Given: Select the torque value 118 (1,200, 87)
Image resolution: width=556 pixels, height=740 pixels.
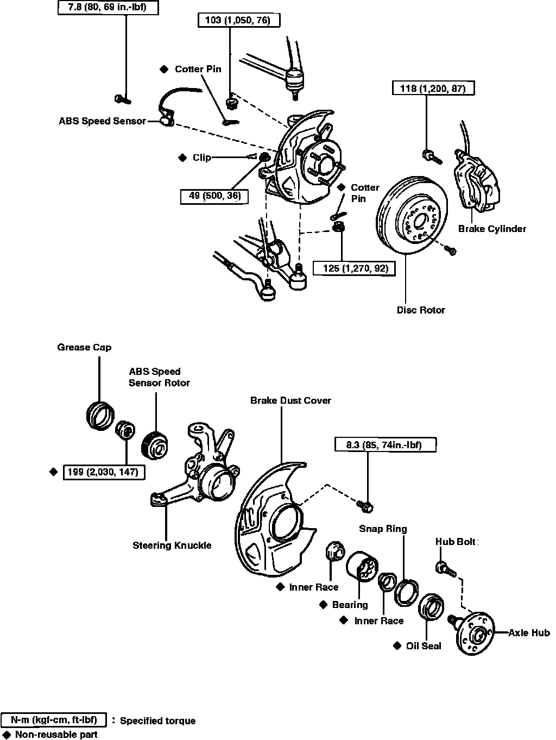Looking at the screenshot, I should (433, 88).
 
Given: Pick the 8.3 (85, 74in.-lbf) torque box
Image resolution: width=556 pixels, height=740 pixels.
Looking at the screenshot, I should (384, 445).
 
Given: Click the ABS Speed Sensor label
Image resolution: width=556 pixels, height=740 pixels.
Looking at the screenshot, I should (102, 121).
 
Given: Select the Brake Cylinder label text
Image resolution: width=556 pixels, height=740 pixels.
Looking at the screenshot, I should (492, 229).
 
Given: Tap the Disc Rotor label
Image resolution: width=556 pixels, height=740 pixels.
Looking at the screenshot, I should (421, 310).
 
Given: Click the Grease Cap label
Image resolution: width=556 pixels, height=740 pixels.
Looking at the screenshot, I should (84, 347).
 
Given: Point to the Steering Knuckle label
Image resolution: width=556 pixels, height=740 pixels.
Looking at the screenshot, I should (172, 545).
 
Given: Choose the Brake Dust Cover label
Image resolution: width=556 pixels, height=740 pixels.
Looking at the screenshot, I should (290, 400).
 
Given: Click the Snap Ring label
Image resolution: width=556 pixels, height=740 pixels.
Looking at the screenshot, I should (383, 529).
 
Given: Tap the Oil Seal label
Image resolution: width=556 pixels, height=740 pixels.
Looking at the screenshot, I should (424, 646).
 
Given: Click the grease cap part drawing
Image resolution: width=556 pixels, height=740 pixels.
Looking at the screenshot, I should (100, 416).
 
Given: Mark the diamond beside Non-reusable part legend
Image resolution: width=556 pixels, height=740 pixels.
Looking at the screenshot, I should (7, 734).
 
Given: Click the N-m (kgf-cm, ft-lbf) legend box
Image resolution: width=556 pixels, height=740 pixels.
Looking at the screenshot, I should (54, 720).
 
